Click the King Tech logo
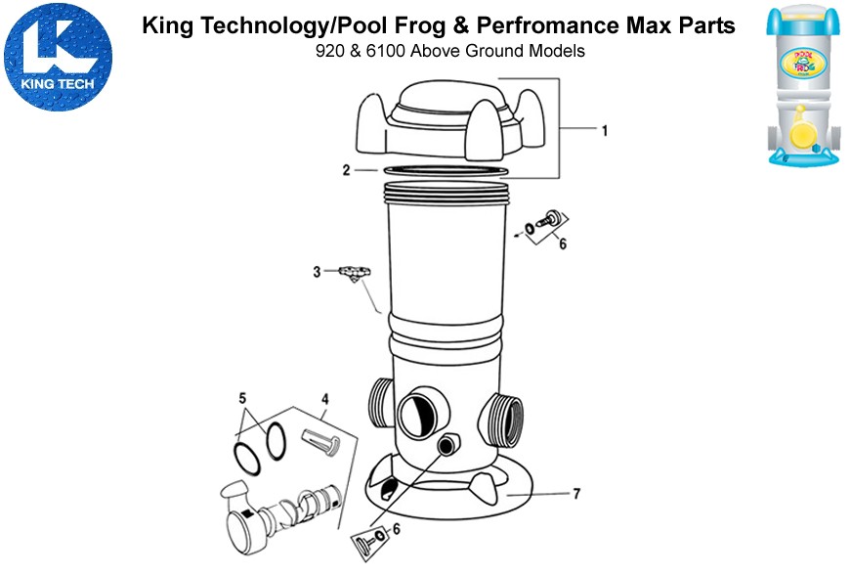click(x=59, y=55)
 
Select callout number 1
click(x=604, y=130)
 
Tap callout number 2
click(x=346, y=170)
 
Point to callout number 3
click(x=317, y=272)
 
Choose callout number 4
click(x=325, y=398)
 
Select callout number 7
click(x=576, y=494)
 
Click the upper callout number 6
click(x=562, y=244)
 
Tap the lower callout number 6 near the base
click(x=395, y=529)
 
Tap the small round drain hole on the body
click(x=448, y=446)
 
